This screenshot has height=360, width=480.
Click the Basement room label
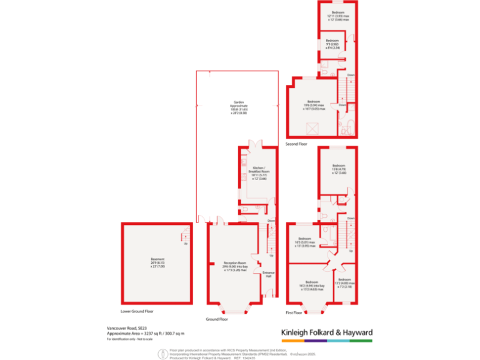[x=156, y=263]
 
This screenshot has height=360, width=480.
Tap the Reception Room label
[x=232, y=266]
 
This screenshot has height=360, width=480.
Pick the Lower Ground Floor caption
[x=137, y=311]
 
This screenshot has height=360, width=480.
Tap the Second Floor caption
[x=297, y=144]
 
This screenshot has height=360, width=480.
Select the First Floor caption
[x=294, y=312]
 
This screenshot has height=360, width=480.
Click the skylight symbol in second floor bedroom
[x=311, y=128]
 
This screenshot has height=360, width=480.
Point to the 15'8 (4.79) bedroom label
[x=338, y=169]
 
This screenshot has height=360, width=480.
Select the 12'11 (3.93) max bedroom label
[x=337, y=16]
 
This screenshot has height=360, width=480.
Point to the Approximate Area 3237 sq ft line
[x=146, y=333]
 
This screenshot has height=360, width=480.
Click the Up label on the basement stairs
[x=185, y=243]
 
